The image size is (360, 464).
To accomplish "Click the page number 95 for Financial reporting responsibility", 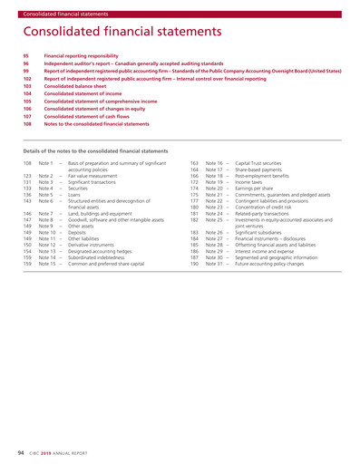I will tap(26, 54).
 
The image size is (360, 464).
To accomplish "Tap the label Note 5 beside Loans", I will tap(44, 194).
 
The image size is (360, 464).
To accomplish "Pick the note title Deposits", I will tap(81, 231).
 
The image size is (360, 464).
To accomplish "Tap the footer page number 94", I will tap(20, 450).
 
